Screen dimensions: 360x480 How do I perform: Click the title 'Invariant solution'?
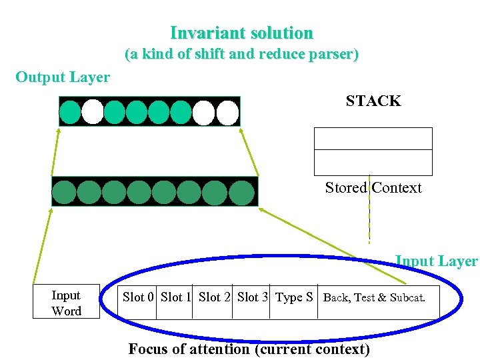pos(241,33)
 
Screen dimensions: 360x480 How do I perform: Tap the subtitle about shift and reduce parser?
pos(241,55)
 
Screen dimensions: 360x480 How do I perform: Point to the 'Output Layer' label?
pos(63,77)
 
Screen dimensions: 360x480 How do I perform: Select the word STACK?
pos(373,101)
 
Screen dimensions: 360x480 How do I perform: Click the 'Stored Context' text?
pos(373,188)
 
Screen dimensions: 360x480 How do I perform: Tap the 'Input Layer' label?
pos(436,261)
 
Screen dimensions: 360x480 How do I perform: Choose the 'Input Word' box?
pos(66,303)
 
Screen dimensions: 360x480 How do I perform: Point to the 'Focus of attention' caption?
pos(249,349)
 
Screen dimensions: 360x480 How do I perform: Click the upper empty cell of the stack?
pos(373,139)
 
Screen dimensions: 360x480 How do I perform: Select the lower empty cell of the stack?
pos(373,162)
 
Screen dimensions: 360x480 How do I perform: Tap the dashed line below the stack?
pos(369,220)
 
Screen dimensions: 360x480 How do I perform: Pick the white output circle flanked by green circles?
pos(93,112)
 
